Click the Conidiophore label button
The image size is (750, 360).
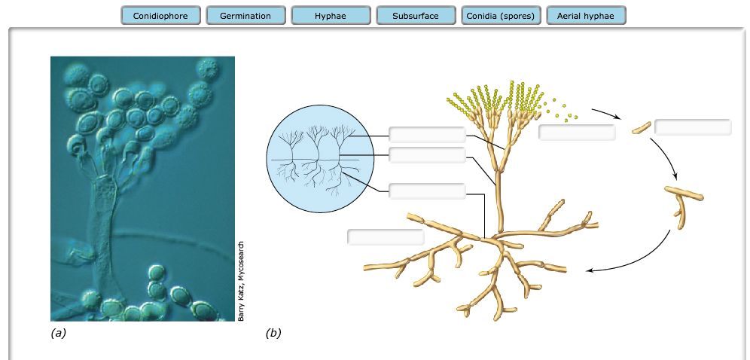(160, 16)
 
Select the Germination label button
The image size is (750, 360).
(245, 16)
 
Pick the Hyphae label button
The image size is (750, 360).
(331, 16)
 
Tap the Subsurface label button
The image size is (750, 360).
(416, 16)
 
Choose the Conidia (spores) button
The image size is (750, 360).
(501, 16)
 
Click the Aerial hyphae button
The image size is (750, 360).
(586, 16)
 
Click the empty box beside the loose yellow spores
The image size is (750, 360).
(577, 133)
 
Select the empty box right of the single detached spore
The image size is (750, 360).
(693, 127)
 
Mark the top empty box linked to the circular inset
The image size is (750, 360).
(427, 135)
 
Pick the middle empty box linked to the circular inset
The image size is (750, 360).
(427, 155)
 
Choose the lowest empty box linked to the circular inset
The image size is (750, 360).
(427, 191)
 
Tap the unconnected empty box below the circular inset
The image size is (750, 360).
(386, 236)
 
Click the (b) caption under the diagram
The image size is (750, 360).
(274, 332)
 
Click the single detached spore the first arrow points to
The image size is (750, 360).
(641, 127)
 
